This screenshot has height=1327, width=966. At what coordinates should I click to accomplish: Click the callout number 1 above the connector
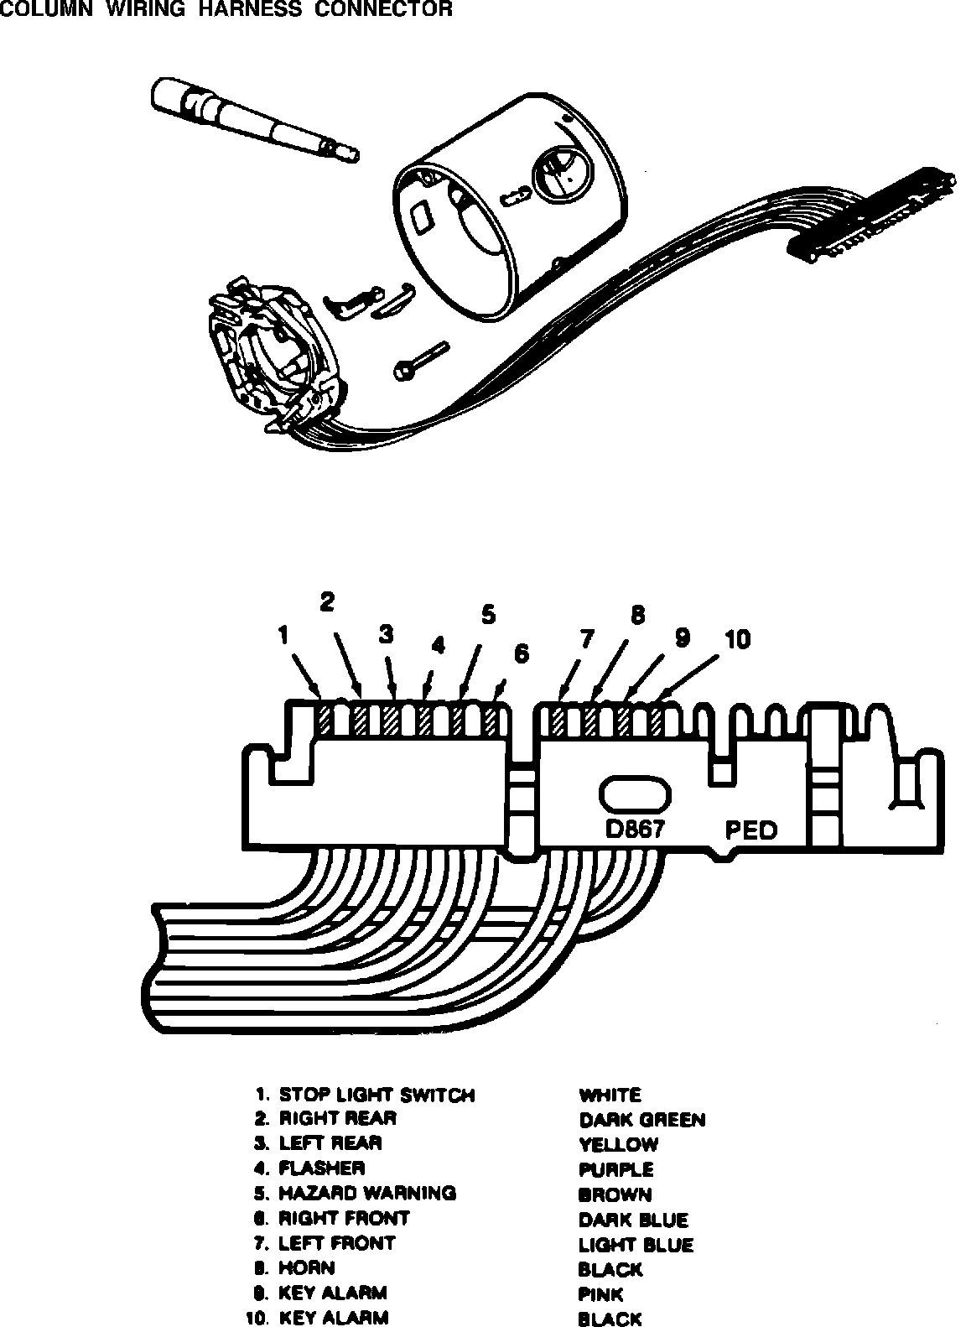[x=283, y=636]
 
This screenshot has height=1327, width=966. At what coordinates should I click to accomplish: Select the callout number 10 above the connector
[x=737, y=640]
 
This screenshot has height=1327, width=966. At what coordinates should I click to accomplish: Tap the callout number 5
[x=488, y=615]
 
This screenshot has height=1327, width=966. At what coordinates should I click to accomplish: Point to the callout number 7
[x=586, y=639]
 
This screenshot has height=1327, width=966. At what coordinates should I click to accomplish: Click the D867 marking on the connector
[x=635, y=829]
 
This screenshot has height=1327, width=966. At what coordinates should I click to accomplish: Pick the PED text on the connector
[x=750, y=830]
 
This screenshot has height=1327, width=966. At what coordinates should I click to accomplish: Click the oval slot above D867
[x=636, y=794]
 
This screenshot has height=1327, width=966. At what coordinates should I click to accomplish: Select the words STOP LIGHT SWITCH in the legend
[x=377, y=1095]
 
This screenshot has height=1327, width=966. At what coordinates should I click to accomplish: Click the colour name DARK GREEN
[x=641, y=1120]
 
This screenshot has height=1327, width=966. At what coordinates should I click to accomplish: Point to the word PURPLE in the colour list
[x=615, y=1169]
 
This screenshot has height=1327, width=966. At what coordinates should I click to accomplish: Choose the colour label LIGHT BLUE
[x=636, y=1245]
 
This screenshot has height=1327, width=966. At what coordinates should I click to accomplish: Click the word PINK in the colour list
[x=600, y=1294]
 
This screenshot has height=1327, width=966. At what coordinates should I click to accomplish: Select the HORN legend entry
[x=306, y=1267]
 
